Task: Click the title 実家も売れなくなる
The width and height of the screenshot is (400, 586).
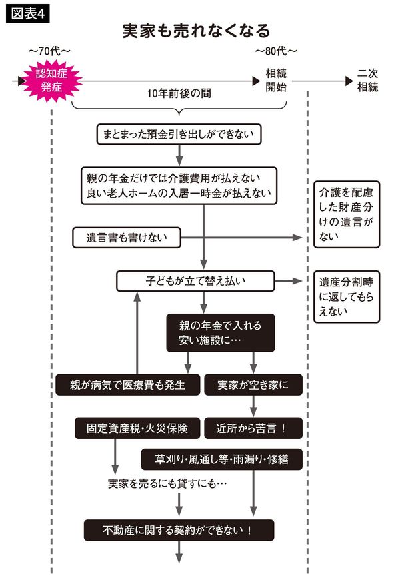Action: (197, 31)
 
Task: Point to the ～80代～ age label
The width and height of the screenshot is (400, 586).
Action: (276, 52)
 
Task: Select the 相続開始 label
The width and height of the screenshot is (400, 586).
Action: (276, 80)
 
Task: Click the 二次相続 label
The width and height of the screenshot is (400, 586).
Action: (367, 80)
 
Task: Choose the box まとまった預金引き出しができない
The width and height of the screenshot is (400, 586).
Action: (179, 134)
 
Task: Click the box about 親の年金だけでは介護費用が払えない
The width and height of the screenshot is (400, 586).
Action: (179, 186)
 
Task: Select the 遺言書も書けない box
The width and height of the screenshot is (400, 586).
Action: (126, 237)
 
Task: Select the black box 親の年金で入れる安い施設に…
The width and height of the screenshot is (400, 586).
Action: (220, 334)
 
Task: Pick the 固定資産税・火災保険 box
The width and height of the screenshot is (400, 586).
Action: (137, 428)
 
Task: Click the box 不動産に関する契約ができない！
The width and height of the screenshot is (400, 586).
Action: (179, 530)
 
